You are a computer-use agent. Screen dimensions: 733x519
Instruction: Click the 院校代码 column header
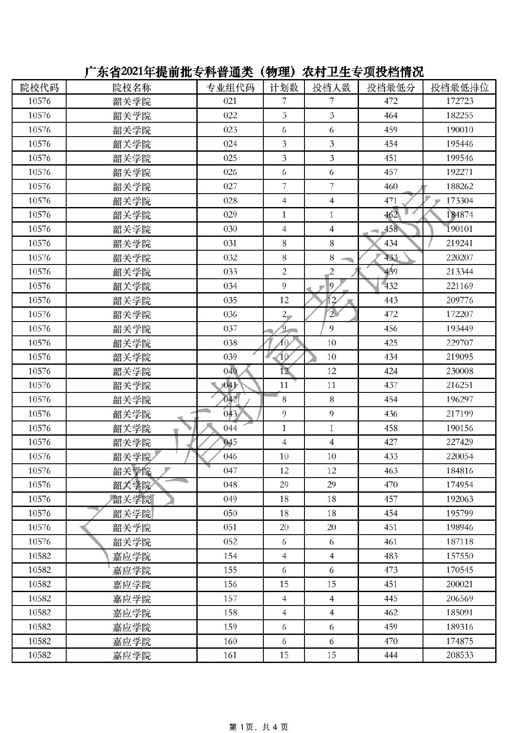pos(39,88)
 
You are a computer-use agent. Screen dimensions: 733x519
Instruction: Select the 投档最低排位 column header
pos(459,88)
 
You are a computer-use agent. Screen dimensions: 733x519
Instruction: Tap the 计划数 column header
pos(284,88)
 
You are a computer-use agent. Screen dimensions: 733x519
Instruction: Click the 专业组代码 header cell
pos(230,88)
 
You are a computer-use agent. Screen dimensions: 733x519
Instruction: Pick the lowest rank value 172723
pos(459,102)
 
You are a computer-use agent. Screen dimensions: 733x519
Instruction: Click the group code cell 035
pos(230,300)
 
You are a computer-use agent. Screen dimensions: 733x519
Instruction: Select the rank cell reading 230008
pos(459,371)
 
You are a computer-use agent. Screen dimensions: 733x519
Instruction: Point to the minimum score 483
pos(391,556)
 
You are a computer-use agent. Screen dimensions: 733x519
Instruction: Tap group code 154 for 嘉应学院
pos(230,556)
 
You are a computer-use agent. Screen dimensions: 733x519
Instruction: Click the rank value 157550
pos(459,556)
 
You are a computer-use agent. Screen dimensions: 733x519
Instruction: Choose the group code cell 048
pos(230,485)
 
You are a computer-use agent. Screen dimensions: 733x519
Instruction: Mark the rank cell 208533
pos(459,656)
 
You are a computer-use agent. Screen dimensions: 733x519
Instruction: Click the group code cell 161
pos(230,656)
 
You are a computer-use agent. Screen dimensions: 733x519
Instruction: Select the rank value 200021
pos(459,584)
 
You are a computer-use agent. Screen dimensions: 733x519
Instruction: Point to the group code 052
pos(230,542)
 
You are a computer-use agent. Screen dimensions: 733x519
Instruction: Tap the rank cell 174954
pos(459,485)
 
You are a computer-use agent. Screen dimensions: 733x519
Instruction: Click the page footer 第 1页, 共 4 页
pos(258,715)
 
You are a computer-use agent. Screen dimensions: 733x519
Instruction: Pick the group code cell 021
pos(230,102)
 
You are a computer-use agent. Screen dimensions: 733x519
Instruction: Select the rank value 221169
pos(459,286)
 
